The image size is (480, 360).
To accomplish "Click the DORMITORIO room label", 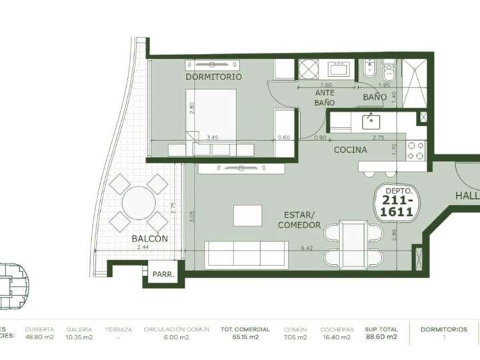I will (213, 77).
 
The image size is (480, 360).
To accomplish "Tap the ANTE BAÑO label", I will (325, 98).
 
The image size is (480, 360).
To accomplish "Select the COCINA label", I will (350, 150).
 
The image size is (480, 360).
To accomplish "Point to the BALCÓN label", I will (149, 239).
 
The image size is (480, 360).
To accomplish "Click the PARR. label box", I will (163, 274).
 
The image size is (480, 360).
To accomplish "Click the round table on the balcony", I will (139, 203).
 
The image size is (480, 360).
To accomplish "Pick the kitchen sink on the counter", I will (371, 121).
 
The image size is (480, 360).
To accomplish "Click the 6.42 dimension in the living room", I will (307, 248).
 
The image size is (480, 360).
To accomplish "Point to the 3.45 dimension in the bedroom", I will (213, 137).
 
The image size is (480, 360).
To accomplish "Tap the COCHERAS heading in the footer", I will (337, 329).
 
